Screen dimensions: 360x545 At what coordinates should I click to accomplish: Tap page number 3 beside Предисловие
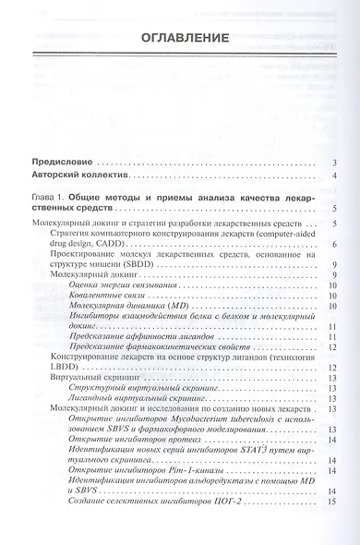pos(331,163)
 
